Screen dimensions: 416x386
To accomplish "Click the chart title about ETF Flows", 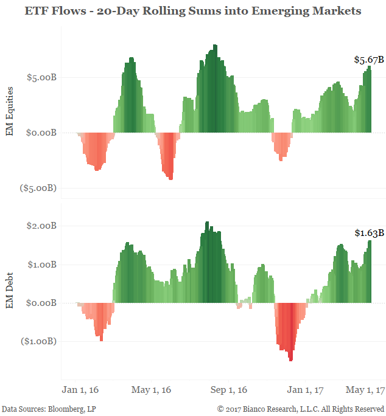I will [x=193, y=10].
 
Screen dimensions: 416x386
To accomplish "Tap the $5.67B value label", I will [x=369, y=60].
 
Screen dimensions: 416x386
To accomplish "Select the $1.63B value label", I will [x=369, y=233].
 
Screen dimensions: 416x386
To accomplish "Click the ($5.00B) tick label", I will [x=38, y=188].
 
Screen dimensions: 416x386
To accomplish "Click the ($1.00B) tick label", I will [x=38, y=341].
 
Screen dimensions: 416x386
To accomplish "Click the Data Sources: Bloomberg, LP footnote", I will [x=49, y=408].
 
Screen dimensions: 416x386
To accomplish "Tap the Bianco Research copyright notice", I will [x=301, y=408].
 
